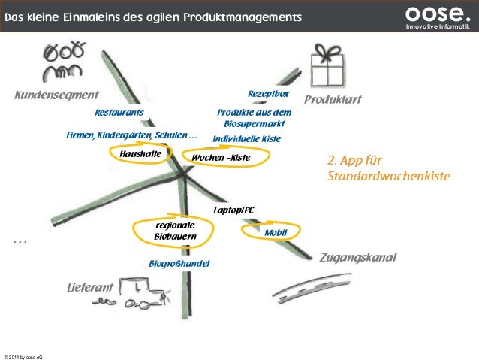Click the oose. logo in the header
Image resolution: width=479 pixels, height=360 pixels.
pos(437,16)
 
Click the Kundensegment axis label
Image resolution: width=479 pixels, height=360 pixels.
pos(57,95)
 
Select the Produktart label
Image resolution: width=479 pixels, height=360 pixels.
pos(333,100)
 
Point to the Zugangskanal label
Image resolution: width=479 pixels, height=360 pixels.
pos(357,258)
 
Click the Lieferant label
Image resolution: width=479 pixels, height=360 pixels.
pos(89,288)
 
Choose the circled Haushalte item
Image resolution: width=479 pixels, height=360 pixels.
pos(141,154)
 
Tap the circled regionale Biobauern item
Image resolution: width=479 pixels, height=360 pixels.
pos(175,231)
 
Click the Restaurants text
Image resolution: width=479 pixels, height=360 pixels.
pos(119,113)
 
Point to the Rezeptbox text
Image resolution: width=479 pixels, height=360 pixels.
pos(268,93)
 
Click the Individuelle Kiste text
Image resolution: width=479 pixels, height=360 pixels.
pos(246,139)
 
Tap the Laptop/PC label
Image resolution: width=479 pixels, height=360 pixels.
pos(234,210)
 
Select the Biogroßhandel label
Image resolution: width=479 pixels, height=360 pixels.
pos(179,264)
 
